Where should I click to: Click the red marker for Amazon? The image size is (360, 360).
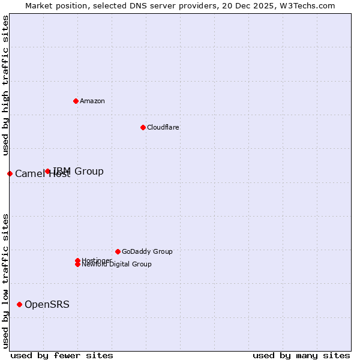[76, 101]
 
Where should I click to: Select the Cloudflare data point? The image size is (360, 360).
[143, 127]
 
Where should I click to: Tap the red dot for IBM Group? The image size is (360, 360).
[48, 172]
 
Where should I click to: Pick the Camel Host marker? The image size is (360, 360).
[10, 173]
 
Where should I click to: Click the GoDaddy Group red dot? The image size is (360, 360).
[118, 251]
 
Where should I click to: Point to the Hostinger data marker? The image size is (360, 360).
[77, 260]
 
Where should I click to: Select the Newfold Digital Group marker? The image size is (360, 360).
[77, 264]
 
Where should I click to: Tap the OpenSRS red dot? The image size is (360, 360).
[19, 304]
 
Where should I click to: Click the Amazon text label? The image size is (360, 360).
[92, 101]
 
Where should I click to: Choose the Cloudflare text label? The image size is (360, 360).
[163, 127]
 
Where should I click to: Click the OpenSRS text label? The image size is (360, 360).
[47, 304]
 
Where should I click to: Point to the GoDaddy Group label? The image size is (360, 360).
[147, 251]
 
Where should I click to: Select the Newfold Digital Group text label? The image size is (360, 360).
[116, 265]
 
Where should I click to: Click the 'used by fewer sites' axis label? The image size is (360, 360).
[62, 355]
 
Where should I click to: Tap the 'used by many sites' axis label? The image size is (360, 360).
[301, 355]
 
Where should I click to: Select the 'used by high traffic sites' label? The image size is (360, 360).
[5, 85]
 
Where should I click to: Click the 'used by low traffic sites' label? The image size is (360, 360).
[5, 280]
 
